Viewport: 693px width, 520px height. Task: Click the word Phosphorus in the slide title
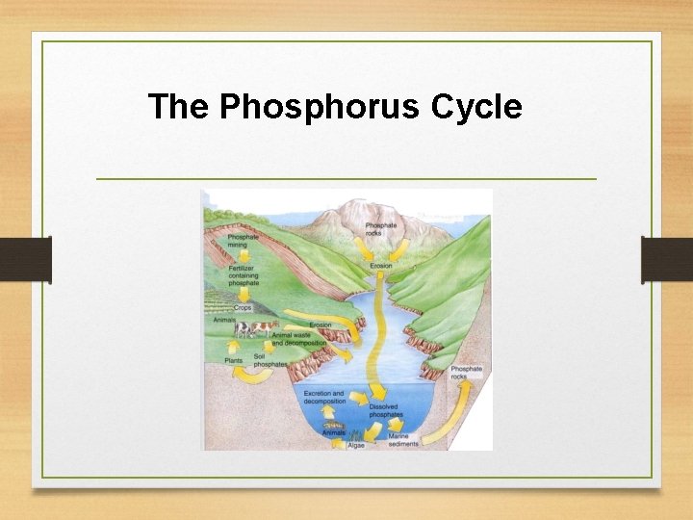(320, 107)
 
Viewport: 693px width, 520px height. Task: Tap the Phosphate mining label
(244, 240)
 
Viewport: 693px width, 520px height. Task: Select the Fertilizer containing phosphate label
(244, 275)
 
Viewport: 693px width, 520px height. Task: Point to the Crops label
(242, 307)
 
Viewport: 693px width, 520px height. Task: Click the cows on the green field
(254, 329)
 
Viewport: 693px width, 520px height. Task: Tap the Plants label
(234, 360)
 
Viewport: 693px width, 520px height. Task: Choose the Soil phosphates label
(269, 360)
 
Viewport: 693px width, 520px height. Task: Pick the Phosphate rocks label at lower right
(466, 373)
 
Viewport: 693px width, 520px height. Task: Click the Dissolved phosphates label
(384, 411)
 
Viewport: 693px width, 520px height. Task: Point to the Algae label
(356, 446)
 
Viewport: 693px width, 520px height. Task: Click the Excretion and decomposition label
(323, 398)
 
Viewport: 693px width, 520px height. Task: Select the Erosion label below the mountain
(380, 266)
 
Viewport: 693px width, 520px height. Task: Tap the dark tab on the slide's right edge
(666, 260)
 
